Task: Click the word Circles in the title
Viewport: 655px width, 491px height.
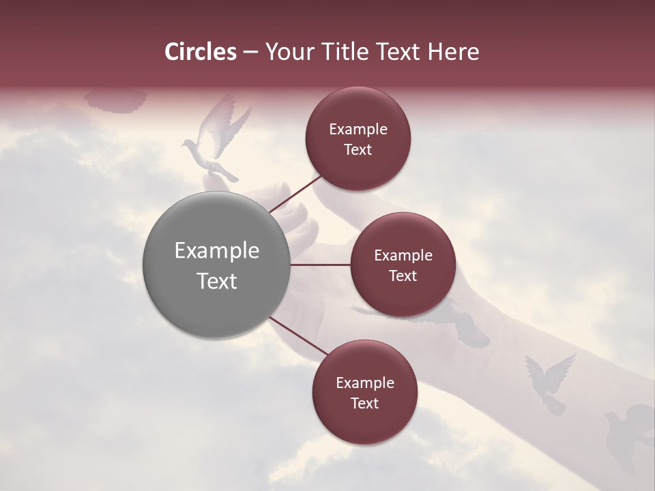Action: (x=201, y=52)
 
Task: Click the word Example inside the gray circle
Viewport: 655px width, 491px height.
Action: (x=216, y=251)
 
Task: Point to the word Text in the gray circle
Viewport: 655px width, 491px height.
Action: (x=216, y=281)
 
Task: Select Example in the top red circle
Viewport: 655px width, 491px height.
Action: (x=358, y=130)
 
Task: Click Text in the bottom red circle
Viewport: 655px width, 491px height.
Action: (x=364, y=403)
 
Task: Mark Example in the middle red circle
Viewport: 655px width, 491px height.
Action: (x=403, y=256)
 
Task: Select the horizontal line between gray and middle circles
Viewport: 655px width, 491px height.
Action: (x=320, y=265)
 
